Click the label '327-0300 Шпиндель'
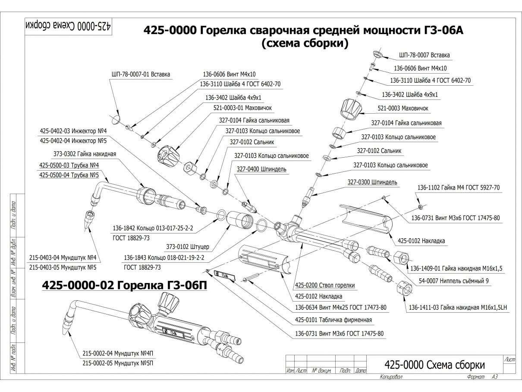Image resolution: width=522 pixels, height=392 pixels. pos(372,182)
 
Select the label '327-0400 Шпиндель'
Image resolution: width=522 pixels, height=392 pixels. pos(261,169)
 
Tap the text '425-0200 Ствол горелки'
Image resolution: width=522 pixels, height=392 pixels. pos(325,285)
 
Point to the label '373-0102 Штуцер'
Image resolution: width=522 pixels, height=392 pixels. pos(188,247)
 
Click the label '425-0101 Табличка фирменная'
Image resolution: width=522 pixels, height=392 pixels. pos(333,320)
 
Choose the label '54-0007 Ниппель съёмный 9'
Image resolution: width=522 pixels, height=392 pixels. pos(454,281)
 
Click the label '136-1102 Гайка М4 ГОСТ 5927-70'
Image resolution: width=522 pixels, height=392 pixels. pos(459,187)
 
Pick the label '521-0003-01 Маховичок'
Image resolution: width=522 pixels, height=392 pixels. pos(242,108)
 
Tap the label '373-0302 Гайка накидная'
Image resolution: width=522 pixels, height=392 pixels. pos(85,154)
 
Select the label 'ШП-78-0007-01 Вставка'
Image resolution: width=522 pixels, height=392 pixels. pos(141,75)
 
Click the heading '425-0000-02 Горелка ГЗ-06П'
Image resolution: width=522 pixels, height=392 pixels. pos(124,285)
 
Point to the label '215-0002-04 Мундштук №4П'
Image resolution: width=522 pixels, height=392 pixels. pos(118,354)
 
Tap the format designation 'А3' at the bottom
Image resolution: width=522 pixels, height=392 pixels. pos(495,377)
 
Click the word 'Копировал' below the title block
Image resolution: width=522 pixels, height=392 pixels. pos(391,377)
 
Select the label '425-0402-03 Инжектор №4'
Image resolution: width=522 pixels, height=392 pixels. pos(73,131)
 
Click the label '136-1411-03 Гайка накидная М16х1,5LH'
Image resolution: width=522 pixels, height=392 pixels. pos(458,308)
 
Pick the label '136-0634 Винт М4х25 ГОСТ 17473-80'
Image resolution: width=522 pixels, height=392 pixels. pos(341,308)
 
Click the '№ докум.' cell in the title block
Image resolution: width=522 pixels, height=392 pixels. pos(321,370)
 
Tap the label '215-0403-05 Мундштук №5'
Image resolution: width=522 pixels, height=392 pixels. pos(63,268)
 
